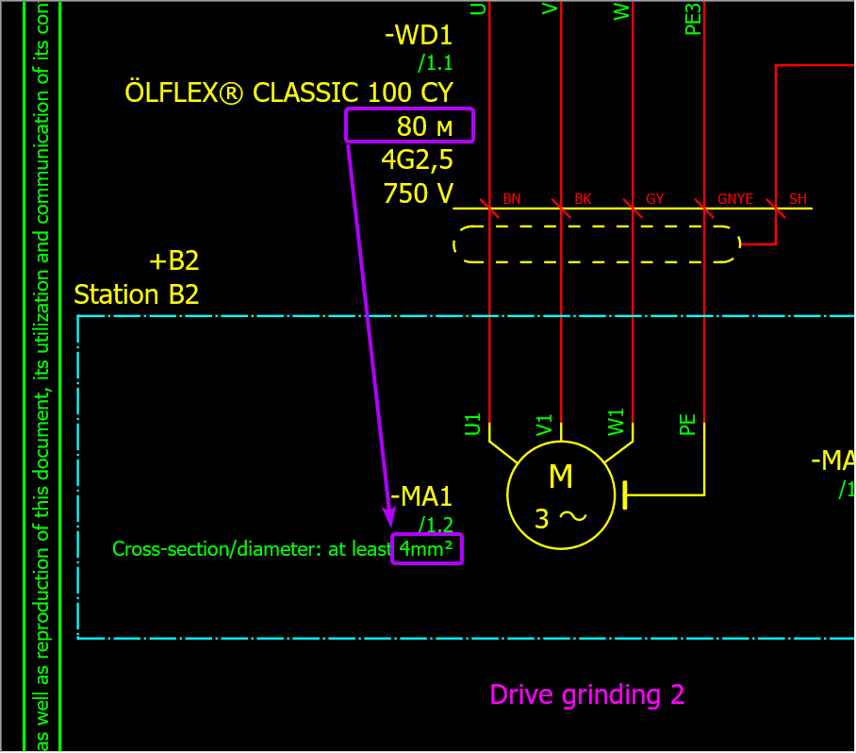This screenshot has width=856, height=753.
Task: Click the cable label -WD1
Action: (419, 37)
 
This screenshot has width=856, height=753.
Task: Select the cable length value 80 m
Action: (411, 125)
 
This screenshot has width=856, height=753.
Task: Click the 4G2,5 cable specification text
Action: (417, 158)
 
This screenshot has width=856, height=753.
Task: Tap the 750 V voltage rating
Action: (418, 193)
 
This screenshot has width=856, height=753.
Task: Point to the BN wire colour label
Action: (511, 199)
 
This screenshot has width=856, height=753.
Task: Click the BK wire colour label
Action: (583, 199)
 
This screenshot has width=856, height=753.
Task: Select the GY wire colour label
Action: (654, 199)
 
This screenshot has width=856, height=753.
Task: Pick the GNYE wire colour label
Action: (735, 199)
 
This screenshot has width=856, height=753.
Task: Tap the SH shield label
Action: (798, 199)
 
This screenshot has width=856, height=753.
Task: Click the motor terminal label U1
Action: (473, 424)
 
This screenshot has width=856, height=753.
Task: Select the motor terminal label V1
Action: (545, 424)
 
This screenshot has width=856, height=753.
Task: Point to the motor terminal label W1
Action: (617, 424)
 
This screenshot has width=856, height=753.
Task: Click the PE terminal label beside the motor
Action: (688, 424)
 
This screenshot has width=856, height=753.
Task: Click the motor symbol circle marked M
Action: (560, 494)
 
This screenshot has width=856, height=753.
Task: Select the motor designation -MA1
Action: (421, 496)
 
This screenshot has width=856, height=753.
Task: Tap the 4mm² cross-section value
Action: (426, 549)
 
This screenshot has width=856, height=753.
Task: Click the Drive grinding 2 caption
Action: (586, 695)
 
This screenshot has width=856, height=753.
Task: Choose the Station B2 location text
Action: (137, 294)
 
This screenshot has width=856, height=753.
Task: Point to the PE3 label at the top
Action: (693, 19)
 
